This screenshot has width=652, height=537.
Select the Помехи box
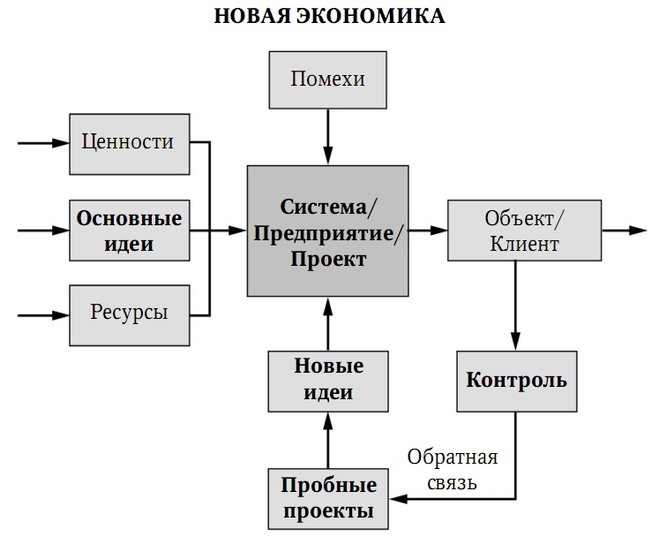[x=327, y=79]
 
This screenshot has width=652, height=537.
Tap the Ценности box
[x=129, y=142]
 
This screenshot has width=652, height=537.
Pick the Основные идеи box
[x=129, y=230]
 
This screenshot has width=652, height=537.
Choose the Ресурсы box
[x=129, y=313]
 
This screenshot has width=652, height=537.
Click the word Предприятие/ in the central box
[x=327, y=234]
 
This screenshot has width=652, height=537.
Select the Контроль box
[x=516, y=381]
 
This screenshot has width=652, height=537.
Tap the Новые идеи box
[x=327, y=380]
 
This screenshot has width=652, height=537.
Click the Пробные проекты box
[x=327, y=498]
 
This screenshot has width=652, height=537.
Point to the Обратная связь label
[x=452, y=470]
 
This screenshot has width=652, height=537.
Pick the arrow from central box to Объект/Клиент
[x=428, y=231]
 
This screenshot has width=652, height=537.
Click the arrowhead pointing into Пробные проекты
[x=395, y=498]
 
